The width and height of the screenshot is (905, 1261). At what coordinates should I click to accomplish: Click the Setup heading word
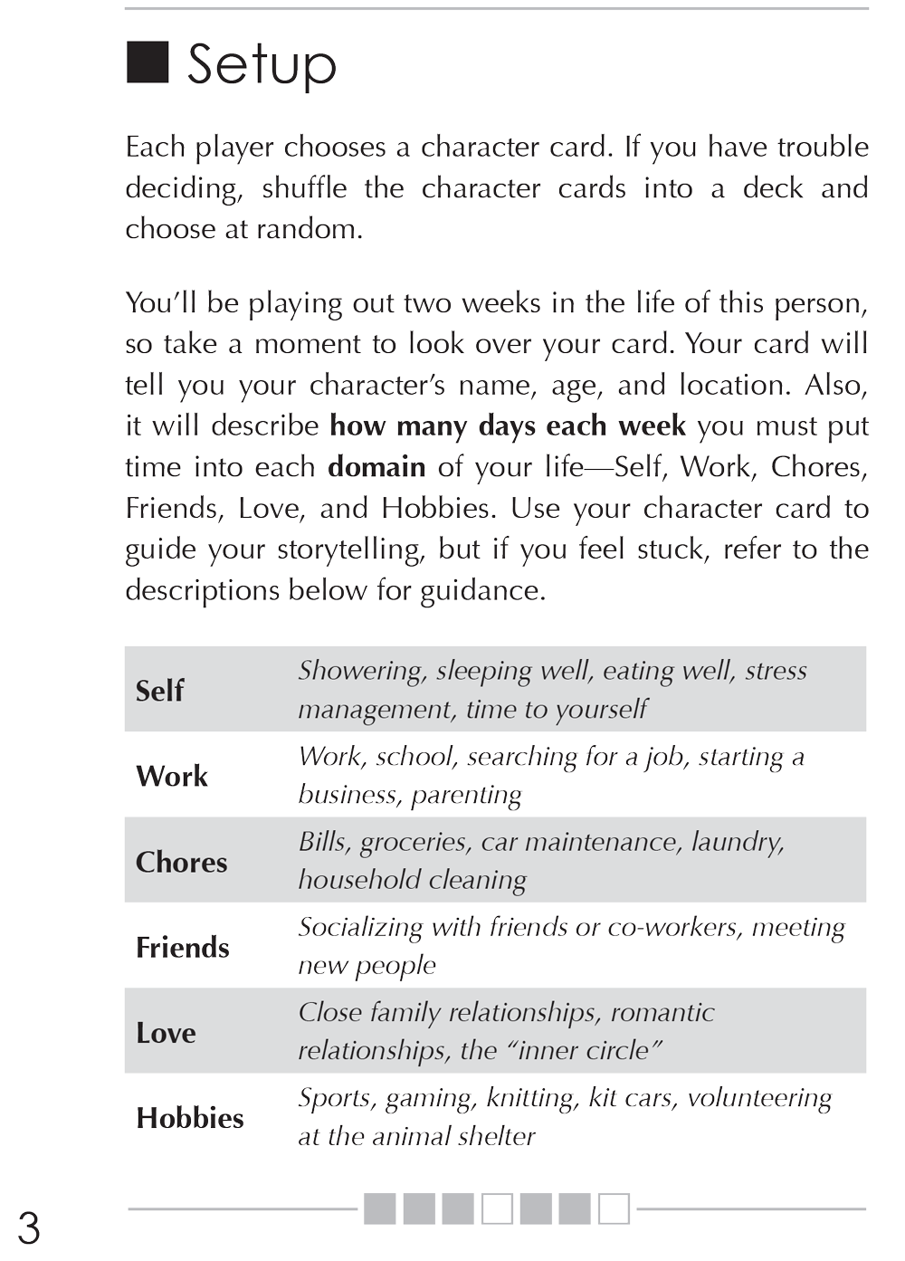point(262,65)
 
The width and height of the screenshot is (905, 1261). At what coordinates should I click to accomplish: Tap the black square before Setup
point(147,62)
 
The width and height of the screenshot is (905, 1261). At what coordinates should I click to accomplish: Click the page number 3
point(28,1229)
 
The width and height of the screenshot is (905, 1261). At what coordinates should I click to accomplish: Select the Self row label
point(159,691)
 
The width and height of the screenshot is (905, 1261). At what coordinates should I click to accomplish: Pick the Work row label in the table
point(172,777)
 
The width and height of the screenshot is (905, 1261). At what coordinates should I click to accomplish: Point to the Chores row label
point(181,862)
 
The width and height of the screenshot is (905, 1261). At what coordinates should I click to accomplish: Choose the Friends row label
point(183,948)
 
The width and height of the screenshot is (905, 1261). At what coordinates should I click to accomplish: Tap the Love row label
point(166,1033)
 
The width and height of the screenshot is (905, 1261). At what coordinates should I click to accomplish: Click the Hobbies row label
point(190,1119)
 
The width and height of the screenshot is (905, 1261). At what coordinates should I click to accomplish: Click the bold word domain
point(376,467)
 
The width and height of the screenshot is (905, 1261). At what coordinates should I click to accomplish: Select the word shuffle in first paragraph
point(304,188)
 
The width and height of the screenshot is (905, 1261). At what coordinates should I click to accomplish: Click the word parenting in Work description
point(466,795)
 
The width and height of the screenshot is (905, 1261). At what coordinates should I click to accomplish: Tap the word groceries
point(415,843)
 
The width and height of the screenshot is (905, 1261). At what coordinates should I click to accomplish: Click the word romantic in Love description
point(662,1012)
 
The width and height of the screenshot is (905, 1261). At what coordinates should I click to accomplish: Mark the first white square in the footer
point(497,1208)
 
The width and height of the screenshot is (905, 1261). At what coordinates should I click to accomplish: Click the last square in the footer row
point(614,1208)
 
